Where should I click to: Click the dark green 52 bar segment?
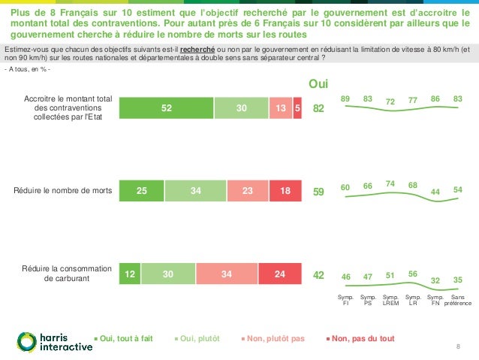167,109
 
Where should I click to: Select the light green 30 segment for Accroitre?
241,109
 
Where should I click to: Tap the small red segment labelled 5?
298,109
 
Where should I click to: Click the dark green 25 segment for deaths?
141,192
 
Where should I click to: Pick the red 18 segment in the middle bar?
285,192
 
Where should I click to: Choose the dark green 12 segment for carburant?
129,274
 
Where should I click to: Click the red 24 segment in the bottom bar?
280,274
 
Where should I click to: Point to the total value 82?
318,109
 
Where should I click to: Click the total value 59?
318,192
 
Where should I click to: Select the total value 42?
318,275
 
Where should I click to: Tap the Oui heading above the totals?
319,84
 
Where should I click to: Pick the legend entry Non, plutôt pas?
275,338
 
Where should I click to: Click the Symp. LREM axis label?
390,301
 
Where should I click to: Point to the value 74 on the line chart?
390,183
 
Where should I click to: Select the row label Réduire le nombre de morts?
63,192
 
